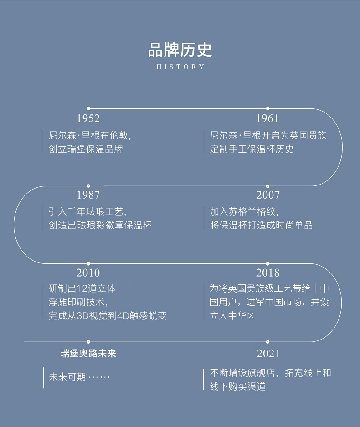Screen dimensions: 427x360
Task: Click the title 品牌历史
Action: pos(180,50)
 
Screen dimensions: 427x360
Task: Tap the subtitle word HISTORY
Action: pos(180,67)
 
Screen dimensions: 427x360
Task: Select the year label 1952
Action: pos(88,118)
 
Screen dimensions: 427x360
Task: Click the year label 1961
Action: pos(267,118)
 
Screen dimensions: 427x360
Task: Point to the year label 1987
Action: pos(88,195)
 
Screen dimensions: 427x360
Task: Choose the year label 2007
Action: pos(267,195)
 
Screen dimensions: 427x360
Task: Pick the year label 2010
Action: pos(88,273)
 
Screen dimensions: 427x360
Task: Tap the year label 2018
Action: pos(267,273)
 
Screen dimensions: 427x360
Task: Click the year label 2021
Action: pos(268,354)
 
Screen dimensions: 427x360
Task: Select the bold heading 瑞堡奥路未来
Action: pos(88,354)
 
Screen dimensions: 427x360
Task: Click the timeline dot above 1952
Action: pos(88,108)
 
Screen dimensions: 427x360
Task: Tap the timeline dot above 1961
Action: pos(267,108)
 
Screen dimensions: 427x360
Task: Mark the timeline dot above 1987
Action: pos(88,186)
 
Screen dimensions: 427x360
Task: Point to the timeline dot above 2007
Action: pos(267,186)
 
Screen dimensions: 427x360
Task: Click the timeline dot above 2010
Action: pos(88,263)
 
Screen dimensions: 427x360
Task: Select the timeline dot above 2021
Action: pos(267,342)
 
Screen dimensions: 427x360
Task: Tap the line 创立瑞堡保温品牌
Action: pos(86,149)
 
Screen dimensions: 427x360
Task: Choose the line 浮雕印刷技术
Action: pos(78,302)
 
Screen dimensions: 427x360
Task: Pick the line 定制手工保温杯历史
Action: pos(252,149)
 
